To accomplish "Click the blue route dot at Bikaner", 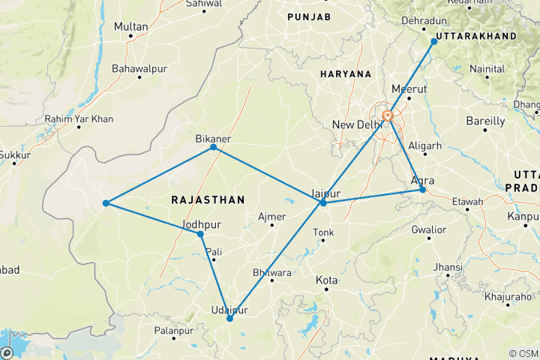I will [214, 147].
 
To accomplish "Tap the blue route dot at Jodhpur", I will [200, 235].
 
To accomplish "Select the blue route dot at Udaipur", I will [229, 319].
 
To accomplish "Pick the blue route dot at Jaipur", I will [323, 203].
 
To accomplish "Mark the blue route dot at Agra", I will [423, 190].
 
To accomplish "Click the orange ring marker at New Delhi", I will [388, 115].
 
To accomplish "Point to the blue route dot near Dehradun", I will [433, 41].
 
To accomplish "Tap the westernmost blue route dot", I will [106, 203].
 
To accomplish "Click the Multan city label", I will [130, 26].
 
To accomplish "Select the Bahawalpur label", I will [137, 69].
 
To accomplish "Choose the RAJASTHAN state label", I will [208, 200].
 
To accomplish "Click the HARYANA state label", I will [346, 74].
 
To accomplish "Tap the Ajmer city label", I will [271, 217].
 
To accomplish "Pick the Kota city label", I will [327, 280].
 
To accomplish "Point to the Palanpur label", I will [172, 330].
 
